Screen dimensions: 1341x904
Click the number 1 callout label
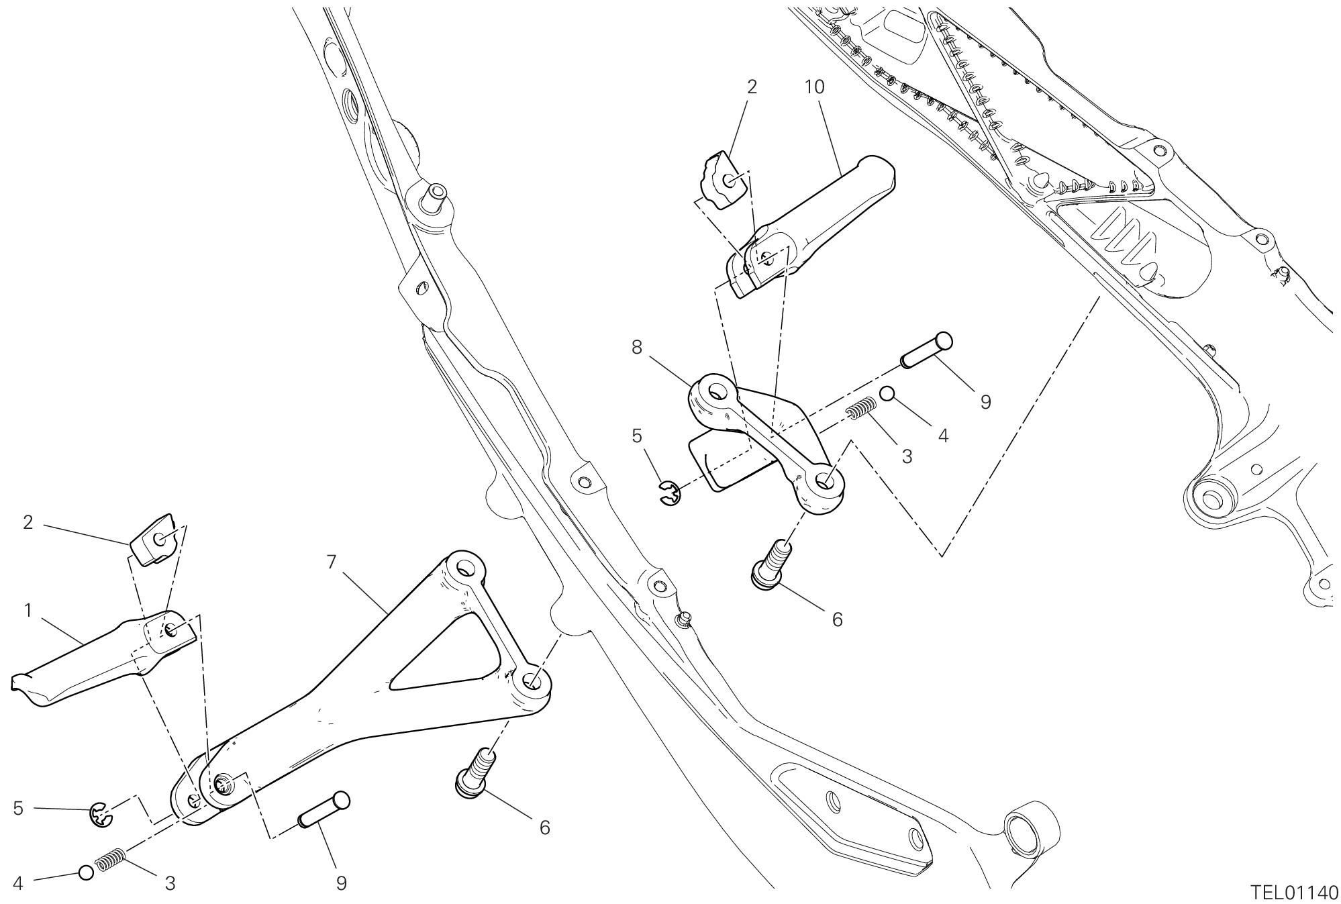(x=28, y=611)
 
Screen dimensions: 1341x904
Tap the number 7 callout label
(x=332, y=561)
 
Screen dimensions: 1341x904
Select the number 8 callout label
(x=636, y=347)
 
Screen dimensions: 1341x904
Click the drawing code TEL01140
(x=1295, y=892)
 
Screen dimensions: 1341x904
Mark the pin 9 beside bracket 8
(x=926, y=350)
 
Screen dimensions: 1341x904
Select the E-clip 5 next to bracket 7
(x=101, y=814)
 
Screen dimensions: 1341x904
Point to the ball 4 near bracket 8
(x=887, y=393)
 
